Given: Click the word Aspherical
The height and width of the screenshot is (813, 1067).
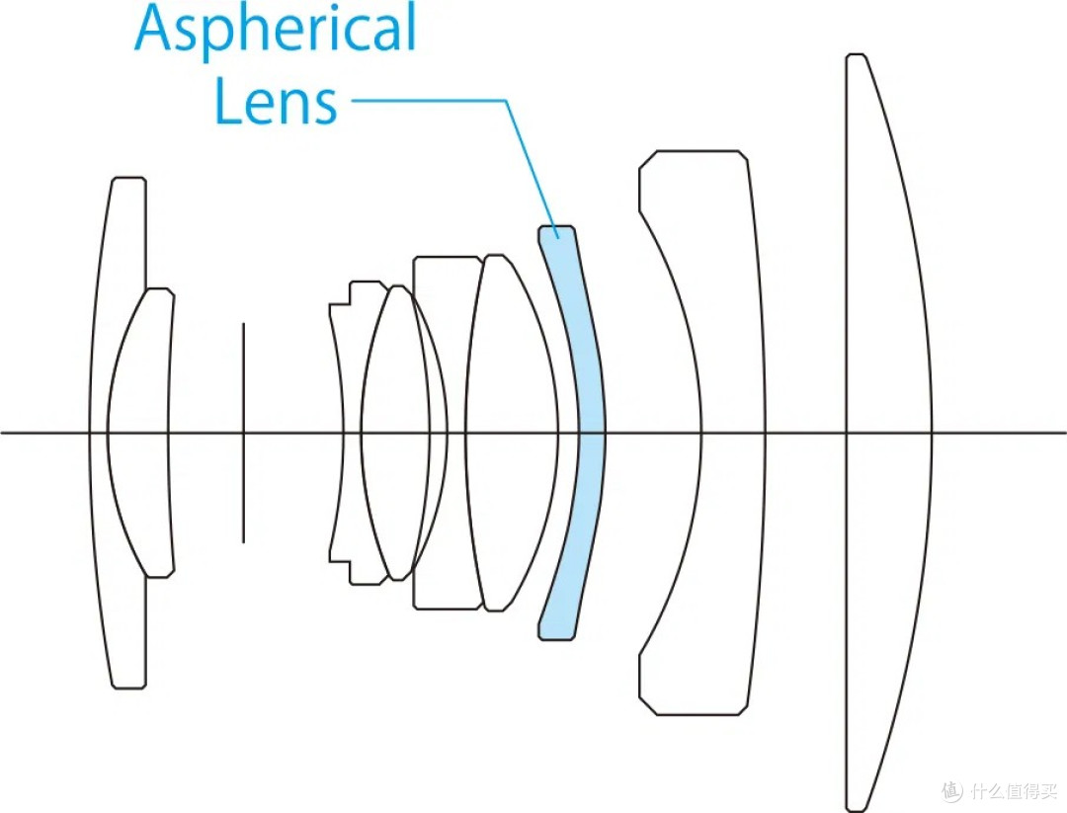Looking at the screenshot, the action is coord(275,30).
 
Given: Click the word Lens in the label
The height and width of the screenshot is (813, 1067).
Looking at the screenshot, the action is coord(276,101).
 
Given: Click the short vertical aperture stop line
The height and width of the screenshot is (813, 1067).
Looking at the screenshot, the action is coord(243,433).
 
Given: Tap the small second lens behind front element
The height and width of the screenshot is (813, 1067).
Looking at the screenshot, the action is coord(138,433).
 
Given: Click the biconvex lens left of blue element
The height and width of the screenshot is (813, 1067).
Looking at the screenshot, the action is coord(511,433).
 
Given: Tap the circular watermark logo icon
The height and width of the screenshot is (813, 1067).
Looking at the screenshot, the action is coord(952,790).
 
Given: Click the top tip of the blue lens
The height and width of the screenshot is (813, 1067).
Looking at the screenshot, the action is coord(556,226).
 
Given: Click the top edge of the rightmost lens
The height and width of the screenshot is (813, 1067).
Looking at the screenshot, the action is coord(856,54).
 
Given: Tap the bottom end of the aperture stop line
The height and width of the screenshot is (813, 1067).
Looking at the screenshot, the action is coord(243,543).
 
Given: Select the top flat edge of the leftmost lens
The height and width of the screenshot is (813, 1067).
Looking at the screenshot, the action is coord(128,178).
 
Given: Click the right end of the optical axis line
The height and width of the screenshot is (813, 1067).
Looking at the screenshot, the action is coord(1065,433).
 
